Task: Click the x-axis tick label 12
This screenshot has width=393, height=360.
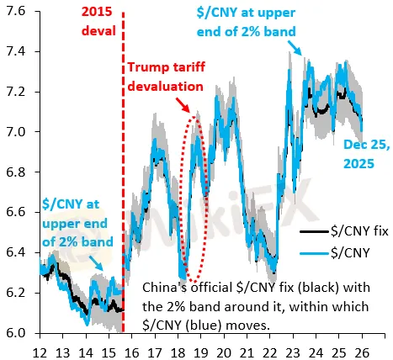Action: [40, 348]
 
